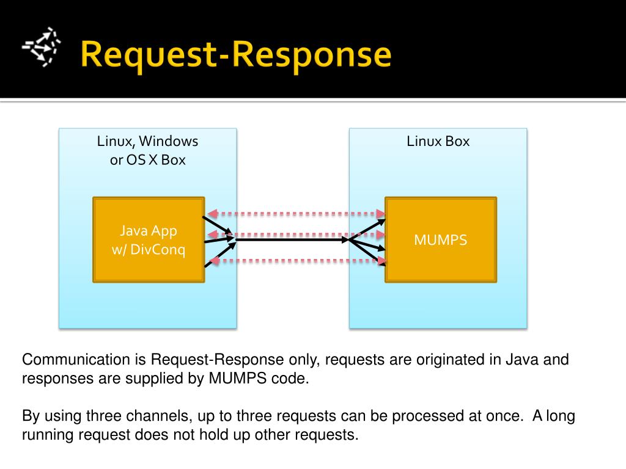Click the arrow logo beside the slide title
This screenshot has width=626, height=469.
42,46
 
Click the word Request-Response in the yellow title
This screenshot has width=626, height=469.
236,55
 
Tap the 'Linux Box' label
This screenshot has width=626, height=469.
438,141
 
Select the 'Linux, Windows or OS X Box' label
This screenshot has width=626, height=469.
148,150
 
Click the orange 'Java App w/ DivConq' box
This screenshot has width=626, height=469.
149,239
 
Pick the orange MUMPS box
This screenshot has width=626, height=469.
441,239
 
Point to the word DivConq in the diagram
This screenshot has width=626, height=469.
158,250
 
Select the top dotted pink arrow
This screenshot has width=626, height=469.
296,214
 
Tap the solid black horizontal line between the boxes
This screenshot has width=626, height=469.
292,239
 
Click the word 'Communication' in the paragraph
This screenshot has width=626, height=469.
76,359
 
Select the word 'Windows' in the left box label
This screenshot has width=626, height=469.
169,141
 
